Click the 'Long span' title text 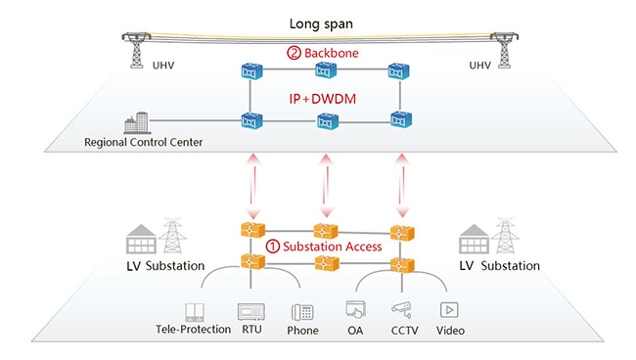tap(321, 23)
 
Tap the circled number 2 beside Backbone tap(294, 53)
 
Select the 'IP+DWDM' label tap(323, 99)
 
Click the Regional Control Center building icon tap(137, 123)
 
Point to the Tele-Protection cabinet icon tap(195, 312)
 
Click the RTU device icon tap(251, 312)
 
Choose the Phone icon tap(302, 313)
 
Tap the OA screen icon tap(356, 310)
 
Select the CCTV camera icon tap(402, 310)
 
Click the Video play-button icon tap(449, 310)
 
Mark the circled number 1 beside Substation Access tap(273, 247)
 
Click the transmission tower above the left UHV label tap(137, 50)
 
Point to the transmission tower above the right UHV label tap(504, 50)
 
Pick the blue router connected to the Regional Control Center tap(251, 120)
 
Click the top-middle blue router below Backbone tap(326, 70)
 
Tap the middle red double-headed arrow tap(326, 186)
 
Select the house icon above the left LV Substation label tap(141, 240)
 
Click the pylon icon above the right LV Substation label tap(506, 236)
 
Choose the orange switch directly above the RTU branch tap(252, 261)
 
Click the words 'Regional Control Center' tap(144, 142)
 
